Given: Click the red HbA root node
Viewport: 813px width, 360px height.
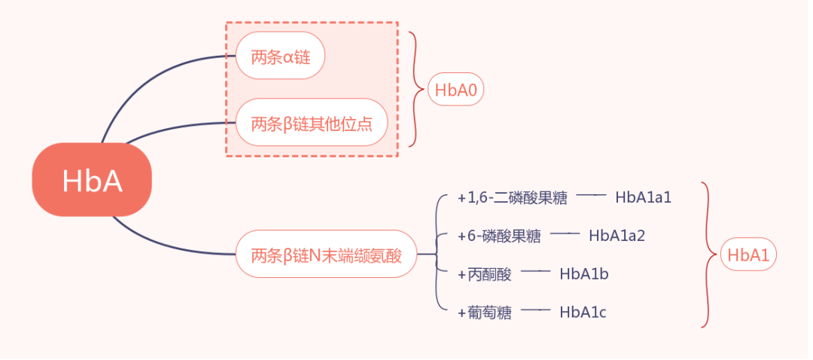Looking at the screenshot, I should (x=92, y=181).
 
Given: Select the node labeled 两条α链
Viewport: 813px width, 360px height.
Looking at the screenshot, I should (x=280, y=56).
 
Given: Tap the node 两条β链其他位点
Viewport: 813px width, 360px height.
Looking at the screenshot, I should (x=312, y=122).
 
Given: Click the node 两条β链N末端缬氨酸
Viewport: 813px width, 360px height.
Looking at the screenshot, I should (x=326, y=255).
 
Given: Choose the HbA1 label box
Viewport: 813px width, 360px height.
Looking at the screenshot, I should (x=748, y=255).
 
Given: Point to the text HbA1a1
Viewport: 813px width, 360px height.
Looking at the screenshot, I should (x=643, y=197).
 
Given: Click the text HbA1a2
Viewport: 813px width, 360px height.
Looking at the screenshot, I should (x=617, y=236).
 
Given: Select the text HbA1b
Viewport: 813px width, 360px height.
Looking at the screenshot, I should (x=583, y=274).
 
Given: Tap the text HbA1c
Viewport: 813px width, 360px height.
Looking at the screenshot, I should (x=583, y=312).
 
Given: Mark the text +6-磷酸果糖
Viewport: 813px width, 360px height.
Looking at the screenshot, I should (x=499, y=236).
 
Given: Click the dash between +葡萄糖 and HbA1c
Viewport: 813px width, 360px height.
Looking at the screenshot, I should (x=536, y=310).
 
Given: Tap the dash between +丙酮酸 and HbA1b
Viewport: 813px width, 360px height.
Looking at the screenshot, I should (x=536, y=272).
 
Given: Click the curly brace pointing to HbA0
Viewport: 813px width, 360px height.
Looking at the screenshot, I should (x=415, y=90).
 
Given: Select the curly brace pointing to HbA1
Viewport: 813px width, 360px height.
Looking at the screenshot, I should (x=707, y=255).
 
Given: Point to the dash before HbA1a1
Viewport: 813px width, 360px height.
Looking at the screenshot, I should (x=592, y=195).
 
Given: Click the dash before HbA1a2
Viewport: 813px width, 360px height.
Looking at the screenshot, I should (x=565, y=233).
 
